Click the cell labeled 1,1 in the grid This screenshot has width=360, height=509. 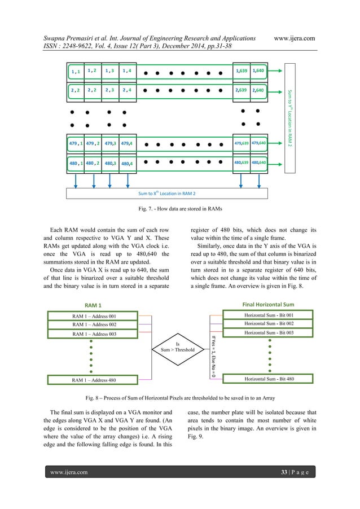point(76,72)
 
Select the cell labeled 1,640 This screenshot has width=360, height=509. point(259,71)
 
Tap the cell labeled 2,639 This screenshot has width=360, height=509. point(242,89)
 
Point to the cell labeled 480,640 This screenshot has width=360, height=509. point(259,163)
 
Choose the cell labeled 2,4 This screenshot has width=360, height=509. point(128,90)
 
